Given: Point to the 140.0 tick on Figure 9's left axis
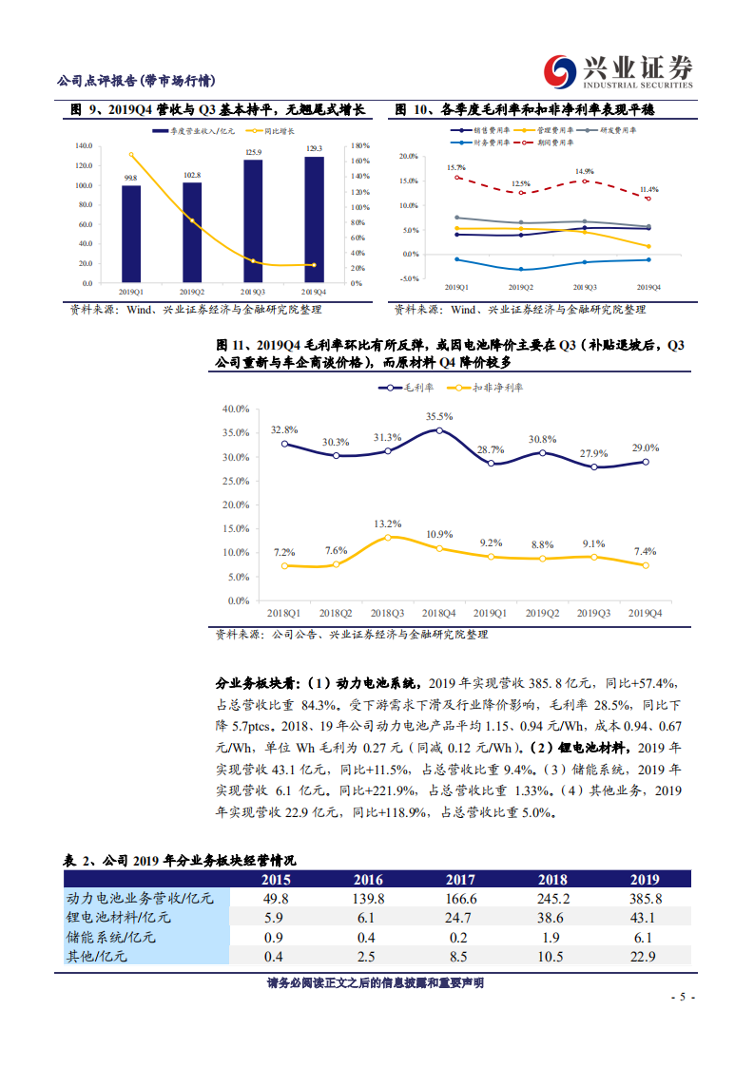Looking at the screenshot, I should tap(83, 146).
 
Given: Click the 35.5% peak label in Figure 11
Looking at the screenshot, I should tap(439, 416).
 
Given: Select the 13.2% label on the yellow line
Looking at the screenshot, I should tap(388, 523).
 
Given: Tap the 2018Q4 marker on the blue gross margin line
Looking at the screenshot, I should tap(439, 430).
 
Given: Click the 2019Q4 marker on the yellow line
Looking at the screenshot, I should tap(646, 565).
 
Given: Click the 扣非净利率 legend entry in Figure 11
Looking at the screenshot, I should tap(484, 388).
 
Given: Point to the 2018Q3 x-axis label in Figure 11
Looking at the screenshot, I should tap(388, 615).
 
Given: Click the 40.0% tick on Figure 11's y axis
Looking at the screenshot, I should tap(235, 409).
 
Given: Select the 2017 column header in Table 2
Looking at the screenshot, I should tap(460, 880).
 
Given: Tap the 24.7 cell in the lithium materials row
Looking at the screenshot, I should tap(460, 918).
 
